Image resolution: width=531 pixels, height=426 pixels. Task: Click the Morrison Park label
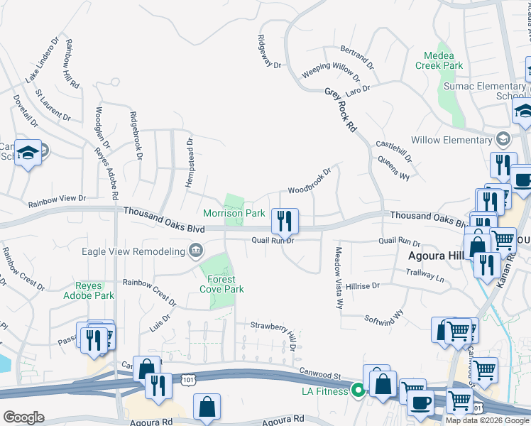[x=234, y=213]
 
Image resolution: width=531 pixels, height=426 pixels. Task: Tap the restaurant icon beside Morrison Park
[x=285, y=220]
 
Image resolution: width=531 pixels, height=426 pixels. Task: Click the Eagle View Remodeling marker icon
[x=195, y=250]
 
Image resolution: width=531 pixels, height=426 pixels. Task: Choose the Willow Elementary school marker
[x=504, y=138]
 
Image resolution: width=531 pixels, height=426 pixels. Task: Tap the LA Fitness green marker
[x=358, y=390]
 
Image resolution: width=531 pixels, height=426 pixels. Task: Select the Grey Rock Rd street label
[x=340, y=110]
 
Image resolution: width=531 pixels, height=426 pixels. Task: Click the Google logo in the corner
[x=23, y=417]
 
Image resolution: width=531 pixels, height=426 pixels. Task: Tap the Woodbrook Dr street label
[x=309, y=182]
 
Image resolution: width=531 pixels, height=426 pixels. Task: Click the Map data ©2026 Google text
[x=487, y=420]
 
